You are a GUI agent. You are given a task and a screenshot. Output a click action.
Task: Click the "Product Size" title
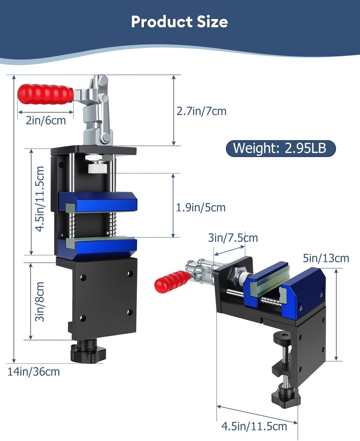[x=179, y=22]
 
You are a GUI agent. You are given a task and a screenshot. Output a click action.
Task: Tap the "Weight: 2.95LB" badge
[x=280, y=148]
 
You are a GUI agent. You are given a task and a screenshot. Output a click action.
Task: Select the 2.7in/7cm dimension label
[x=201, y=111]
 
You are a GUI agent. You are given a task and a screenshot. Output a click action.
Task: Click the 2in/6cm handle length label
[x=46, y=120]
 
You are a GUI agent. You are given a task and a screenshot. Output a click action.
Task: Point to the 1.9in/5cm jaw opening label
[x=200, y=207]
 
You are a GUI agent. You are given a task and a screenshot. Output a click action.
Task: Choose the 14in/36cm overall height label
[x=34, y=372]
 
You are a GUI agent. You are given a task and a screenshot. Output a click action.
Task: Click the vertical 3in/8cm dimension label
[x=40, y=301]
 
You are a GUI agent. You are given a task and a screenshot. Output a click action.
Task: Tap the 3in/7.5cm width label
[x=233, y=238]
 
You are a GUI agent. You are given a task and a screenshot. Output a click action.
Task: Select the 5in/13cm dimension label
[x=326, y=258]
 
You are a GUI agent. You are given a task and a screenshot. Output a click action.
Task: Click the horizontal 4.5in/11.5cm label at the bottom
[x=254, y=426]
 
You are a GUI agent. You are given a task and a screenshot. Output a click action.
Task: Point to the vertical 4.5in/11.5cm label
[x=40, y=199]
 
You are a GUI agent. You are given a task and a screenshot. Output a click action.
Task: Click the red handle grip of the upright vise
[x=45, y=94]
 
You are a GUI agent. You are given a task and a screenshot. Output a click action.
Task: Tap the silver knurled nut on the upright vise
[x=97, y=168]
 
